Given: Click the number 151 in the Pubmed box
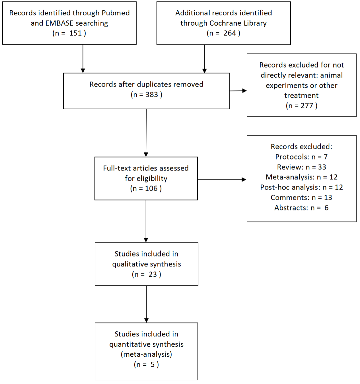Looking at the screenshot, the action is click(x=75, y=33).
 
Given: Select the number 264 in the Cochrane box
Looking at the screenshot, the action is click(x=230, y=33).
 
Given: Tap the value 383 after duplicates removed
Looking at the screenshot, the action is click(x=152, y=95).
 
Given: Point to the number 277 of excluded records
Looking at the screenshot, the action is click(x=307, y=106).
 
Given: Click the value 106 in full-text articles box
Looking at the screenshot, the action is click(x=151, y=188).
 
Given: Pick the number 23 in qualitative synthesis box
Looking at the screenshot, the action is click(x=153, y=274).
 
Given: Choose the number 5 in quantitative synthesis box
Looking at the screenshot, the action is click(x=152, y=364).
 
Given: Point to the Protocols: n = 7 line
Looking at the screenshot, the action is click(x=301, y=157).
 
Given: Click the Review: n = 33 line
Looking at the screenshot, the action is click(x=301, y=167).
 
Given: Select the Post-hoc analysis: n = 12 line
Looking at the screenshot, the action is click(x=301, y=188).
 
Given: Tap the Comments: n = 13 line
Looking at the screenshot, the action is click(x=301, y=197).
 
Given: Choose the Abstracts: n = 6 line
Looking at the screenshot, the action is click(x=301, y=208).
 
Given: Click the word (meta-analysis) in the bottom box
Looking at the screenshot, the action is click(x=146, y=354).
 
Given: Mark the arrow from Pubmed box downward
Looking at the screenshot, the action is click(x=83, y=59).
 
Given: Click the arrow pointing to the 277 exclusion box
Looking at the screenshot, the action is click(x=238, y=91).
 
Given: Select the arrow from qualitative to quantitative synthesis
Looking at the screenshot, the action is click(x=146, y=304).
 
